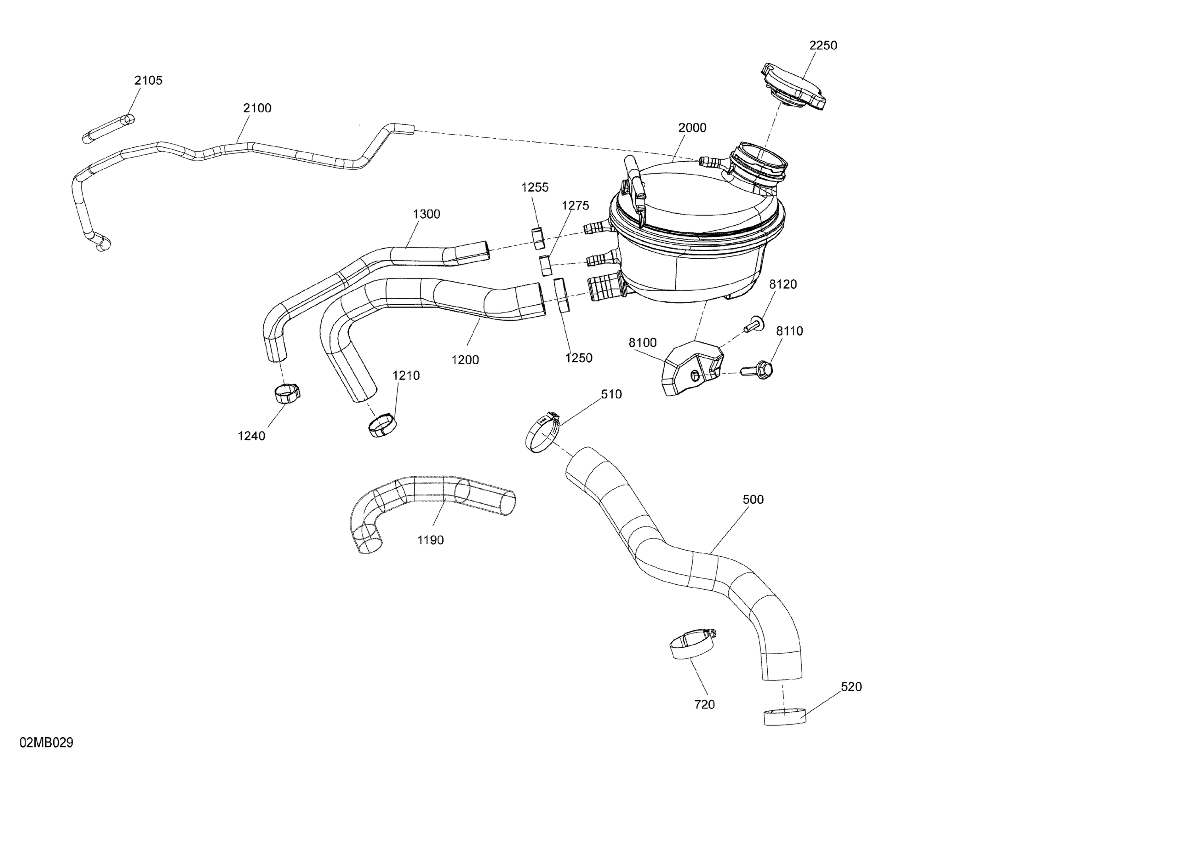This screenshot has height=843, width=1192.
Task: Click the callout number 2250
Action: (x=823, y=46)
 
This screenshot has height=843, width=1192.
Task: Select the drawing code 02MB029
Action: (x=47, y=743)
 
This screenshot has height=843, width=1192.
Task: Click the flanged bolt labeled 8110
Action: (x=759, y=369)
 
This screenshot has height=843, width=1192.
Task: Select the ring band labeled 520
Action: (x=784, y=716)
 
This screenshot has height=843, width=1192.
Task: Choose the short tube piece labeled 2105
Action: (x=108, y=129)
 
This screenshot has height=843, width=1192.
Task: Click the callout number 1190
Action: (x=430, y=540)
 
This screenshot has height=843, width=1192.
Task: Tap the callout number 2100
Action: (x=257, y=108)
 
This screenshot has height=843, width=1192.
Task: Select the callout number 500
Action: (x=753, y=499)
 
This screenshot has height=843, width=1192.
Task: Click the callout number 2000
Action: (x=692, y=128)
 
